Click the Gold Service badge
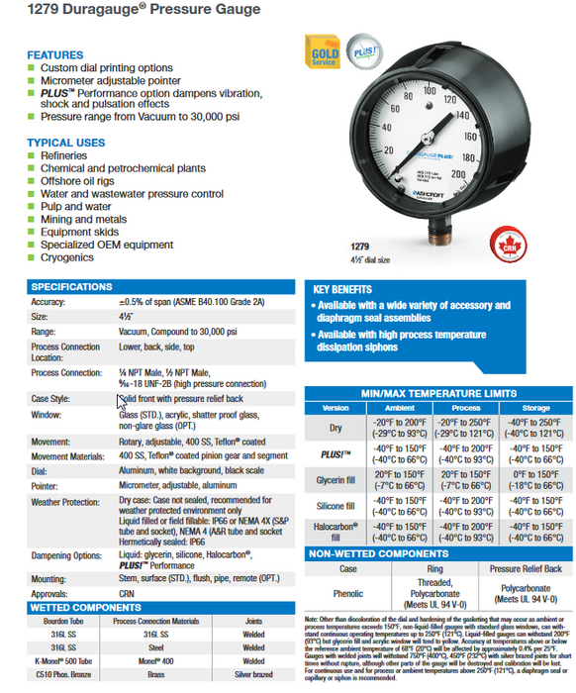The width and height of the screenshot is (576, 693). click(327, 52)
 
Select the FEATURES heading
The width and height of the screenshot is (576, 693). click(54, 54)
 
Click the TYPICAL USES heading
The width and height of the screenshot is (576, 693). click(66, 143)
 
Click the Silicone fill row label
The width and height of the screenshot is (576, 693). click(336, 505)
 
